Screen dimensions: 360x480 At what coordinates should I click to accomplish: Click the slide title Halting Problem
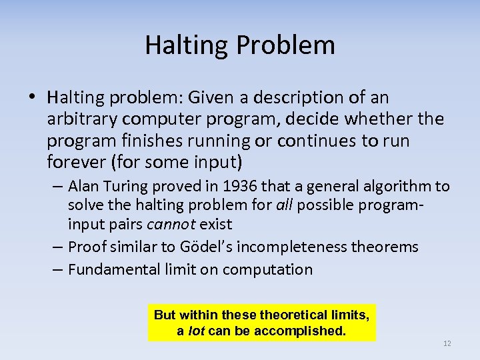point(240,45)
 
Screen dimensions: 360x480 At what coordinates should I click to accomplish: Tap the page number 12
point(447,343)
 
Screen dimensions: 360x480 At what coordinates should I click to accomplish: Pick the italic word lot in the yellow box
point(197,330)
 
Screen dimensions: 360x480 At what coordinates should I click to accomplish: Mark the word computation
point(267,269)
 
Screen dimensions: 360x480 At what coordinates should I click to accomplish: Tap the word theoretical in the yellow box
point(289,314)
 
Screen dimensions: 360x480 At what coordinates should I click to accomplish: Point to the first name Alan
point(83,186)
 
